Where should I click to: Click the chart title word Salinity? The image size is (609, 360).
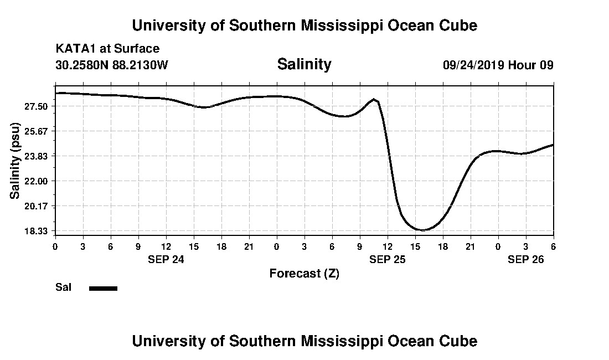(x=304, y=64)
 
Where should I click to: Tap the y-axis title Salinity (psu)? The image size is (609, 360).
(x=15, y=161)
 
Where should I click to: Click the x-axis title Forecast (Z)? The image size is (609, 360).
(x=304, y=273)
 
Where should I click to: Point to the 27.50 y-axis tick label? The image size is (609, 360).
(x=36, y=106)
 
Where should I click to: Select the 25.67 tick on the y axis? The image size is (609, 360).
(x=36, y=131)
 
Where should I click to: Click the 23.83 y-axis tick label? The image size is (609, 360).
(x=36, y=156)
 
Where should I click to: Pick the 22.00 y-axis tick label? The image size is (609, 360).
(x=36, y=181)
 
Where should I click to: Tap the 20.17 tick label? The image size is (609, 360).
(x=36, y=206)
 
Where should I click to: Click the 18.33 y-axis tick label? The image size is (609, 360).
(x=36, y=231)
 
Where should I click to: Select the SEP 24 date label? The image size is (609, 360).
(x=166, y=259)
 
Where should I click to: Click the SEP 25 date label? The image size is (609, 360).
(x=388, y=259)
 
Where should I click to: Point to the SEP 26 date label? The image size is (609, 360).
(x=526, y=259)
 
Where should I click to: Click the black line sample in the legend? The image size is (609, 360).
(x=104, y=288)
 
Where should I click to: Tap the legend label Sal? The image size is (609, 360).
(x=64, y=287)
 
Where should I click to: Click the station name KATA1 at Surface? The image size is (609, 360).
(x=107, y=49)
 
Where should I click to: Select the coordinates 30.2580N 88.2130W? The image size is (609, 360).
(x=111, y=65)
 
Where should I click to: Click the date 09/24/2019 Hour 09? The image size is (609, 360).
(x=498, y=65)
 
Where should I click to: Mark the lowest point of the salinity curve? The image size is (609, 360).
(x=423, y=230)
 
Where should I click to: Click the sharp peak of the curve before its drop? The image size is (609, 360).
(x=375, y=100)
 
